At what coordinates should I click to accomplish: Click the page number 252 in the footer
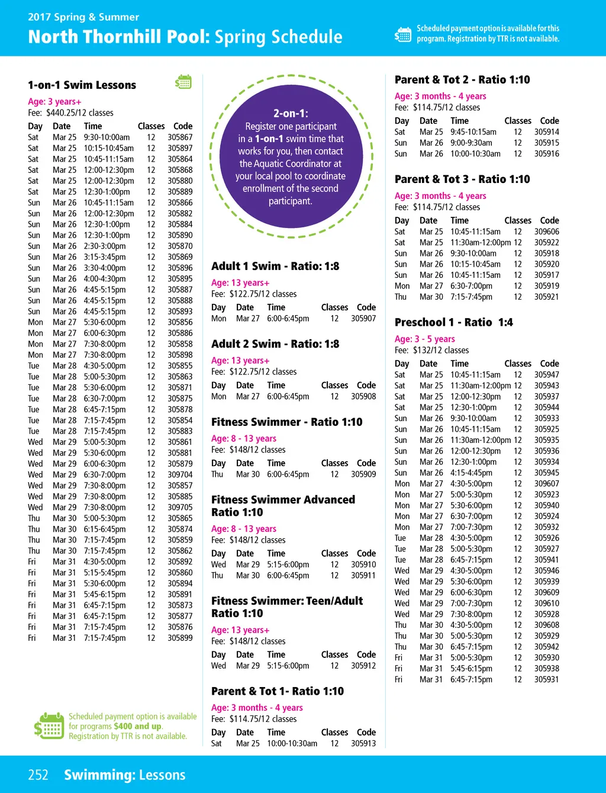coord(38,775)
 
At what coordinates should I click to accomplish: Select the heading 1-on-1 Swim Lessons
coord(82,85)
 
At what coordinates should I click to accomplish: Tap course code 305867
coord(180,137)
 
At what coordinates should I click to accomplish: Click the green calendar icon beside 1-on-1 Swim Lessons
coord(183,82)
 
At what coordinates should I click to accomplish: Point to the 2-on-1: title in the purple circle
coord(291,113)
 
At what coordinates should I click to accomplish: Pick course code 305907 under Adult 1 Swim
coord(363,319)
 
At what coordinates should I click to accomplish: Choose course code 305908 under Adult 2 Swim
coord(363,396)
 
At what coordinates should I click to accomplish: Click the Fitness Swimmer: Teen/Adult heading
coord(287,601)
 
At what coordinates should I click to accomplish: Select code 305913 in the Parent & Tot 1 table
coord(363,743)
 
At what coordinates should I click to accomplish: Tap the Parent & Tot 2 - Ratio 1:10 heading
coord(462,80)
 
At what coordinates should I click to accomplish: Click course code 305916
coord(546,154)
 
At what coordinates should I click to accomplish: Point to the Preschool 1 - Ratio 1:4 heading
coord(454,323)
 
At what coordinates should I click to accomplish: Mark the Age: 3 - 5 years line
coord(425,339)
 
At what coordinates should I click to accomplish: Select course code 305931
coord(546,679)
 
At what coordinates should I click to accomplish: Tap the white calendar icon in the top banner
coord(402,34)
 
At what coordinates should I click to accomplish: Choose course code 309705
coord(180,508)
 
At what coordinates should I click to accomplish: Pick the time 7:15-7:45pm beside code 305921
coord(471,297)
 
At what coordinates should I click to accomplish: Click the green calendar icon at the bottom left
coord(49,726)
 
